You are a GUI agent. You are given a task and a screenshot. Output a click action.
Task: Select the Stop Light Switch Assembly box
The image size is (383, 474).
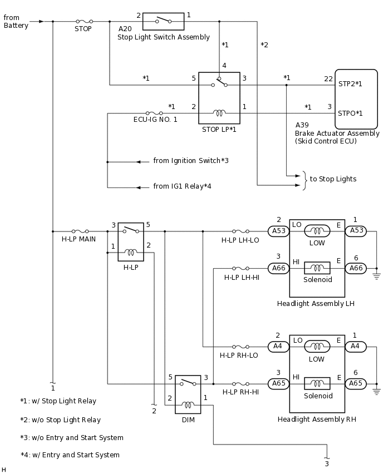tap(164, 21)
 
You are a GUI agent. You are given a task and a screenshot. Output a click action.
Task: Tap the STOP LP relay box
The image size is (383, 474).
tap(219, 98)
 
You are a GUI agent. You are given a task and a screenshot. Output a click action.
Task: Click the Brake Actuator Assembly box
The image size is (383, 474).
tap(357, 99)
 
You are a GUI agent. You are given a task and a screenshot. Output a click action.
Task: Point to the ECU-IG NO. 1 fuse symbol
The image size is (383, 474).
tap(154, 113)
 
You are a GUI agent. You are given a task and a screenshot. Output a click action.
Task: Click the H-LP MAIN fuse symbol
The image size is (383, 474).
tap(80, 231)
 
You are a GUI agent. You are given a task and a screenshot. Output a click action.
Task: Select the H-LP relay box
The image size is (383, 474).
tap(131, 241)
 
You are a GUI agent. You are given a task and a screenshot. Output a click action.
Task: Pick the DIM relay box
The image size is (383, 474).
tap(188, 394)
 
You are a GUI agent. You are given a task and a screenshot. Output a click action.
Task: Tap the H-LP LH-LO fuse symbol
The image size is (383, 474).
tap(240, 231)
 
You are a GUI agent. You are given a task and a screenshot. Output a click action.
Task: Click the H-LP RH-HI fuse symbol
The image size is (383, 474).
tap(240, 384)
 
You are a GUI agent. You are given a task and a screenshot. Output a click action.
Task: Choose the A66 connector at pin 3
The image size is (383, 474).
tap(278, 268)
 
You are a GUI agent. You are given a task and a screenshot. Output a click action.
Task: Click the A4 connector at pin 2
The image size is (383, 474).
tap(278, 346)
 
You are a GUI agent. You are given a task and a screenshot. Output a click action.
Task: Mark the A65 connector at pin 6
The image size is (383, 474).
tap(356, 383)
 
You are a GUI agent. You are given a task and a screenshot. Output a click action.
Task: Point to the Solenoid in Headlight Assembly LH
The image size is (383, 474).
tap(317, 268)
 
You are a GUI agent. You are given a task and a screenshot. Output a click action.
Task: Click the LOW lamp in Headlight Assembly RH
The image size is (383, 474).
tap(317, 346)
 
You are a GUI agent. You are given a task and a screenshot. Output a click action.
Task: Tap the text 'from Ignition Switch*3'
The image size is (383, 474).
tap(191, 161)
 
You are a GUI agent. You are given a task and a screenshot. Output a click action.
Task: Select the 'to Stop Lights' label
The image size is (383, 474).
tap(333, 179)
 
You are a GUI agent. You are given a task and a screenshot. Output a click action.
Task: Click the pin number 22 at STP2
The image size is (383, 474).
tap(328, 79)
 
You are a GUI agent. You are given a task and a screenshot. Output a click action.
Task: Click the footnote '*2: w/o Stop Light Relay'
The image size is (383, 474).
tap(61, 420)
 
